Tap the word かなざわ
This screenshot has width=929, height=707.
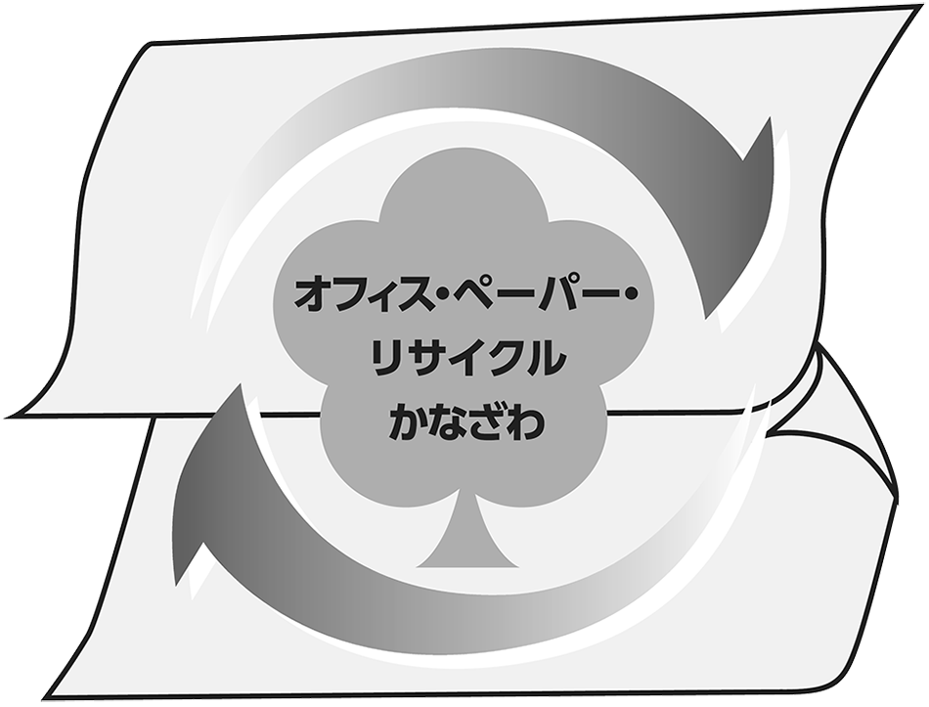466,420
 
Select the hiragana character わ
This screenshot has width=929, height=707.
525,420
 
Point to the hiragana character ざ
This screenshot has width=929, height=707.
486,420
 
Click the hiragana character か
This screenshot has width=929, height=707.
408,420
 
